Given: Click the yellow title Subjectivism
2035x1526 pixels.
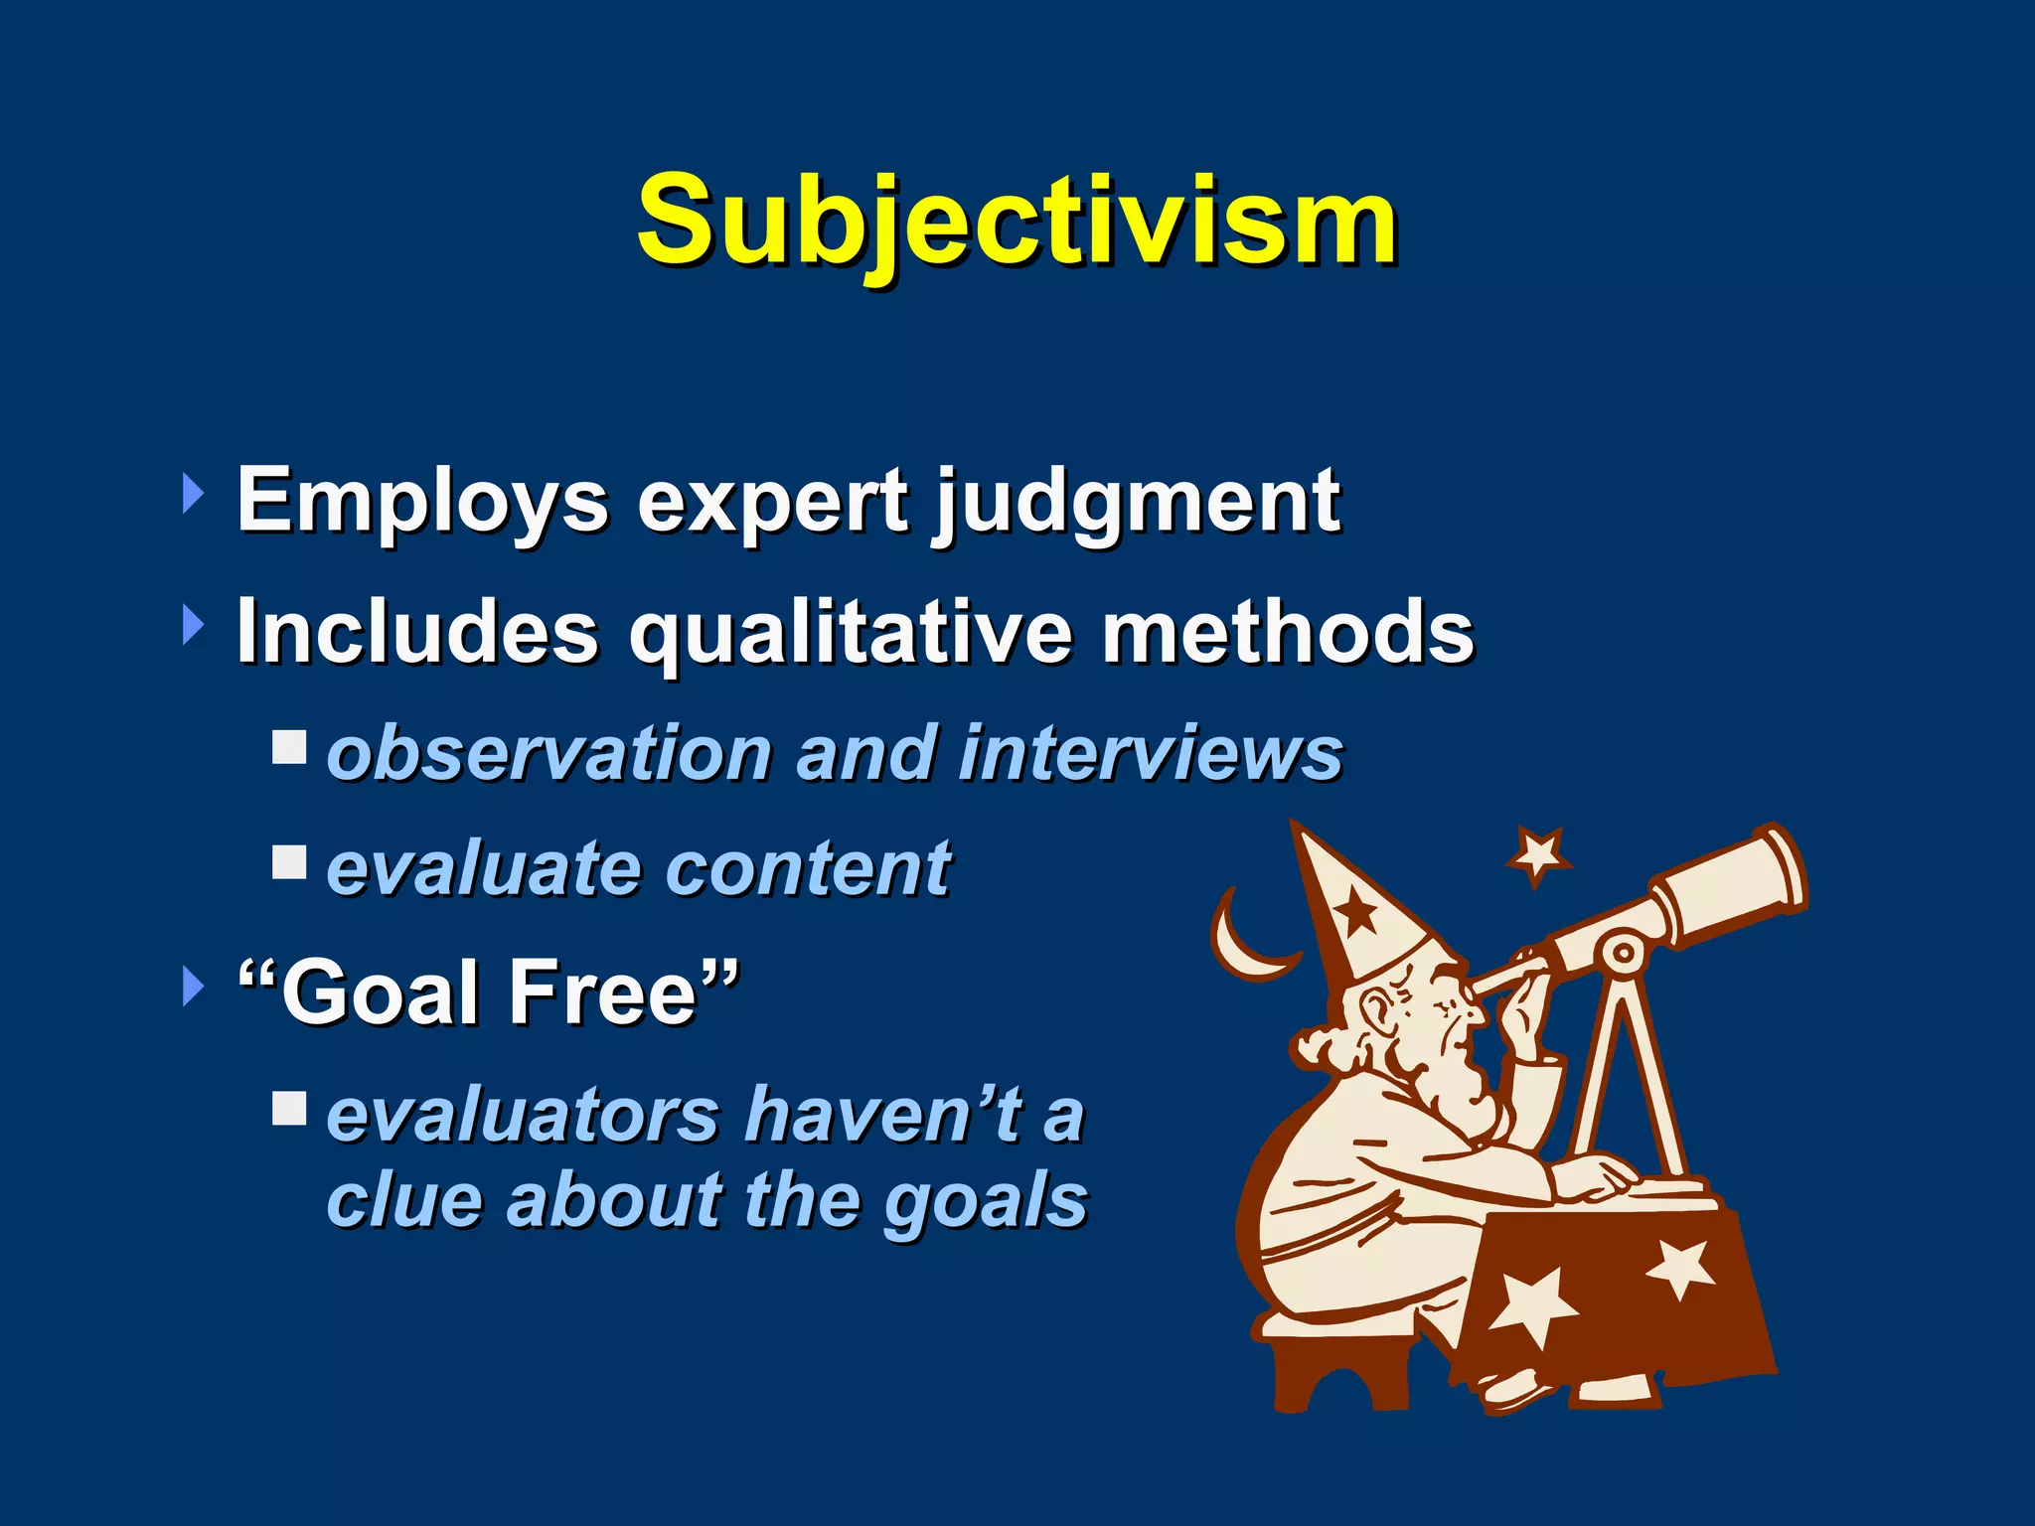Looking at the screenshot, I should (x=1017, y=221).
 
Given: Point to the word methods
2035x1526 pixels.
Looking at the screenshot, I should (x=1288, y=632).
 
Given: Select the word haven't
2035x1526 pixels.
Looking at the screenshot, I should (x=884, y=1115).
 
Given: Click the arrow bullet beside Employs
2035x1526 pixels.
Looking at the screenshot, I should (x=193, y=494).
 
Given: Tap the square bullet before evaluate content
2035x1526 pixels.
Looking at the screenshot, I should (x=289, y=861).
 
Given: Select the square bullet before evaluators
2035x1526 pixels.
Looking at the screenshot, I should (x=289, y=1108).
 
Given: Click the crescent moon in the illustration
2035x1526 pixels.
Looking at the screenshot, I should (x=1242, y=944).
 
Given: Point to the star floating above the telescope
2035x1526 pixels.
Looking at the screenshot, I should (x=1538, y=854).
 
